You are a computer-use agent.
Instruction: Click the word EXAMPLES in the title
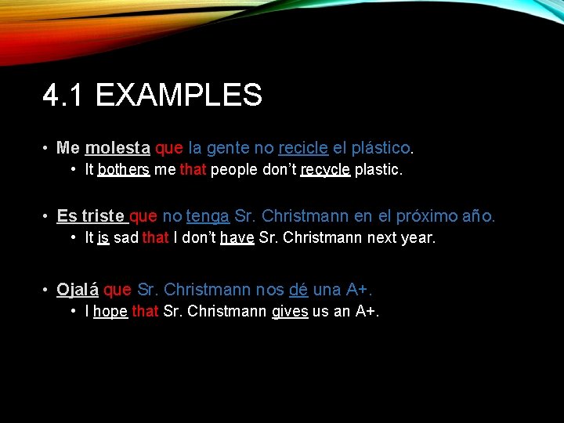[179, 96]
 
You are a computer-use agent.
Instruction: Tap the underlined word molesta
[117, 148]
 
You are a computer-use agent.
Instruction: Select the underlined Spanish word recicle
[303, 148]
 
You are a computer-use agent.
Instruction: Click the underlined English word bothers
[124, 170]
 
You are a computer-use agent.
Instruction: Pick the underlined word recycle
[325, 170]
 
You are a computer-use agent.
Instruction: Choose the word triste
[103, 216]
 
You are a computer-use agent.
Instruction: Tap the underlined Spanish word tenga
[208, 216]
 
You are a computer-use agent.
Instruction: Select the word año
[479, 216]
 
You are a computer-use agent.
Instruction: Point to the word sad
[125, 237]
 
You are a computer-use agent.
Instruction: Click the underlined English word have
[237, 237]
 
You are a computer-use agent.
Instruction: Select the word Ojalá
[78, 290]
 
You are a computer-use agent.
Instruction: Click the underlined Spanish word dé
[298, 290]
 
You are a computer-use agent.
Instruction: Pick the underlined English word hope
[110, 312]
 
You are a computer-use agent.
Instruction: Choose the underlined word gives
[290, 312]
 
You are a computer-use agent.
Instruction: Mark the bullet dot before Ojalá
[47, 291]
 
